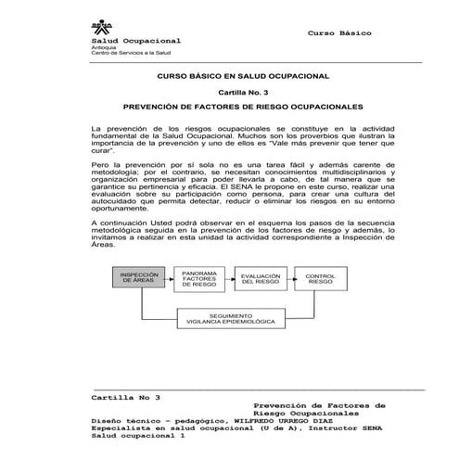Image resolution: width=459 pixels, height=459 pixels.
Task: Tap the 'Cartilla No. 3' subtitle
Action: pos(230,93)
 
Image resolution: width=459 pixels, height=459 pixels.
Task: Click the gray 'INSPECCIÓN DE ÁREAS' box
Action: pos(141,279)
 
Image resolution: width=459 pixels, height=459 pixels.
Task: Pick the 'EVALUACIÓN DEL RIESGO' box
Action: pos(261,278)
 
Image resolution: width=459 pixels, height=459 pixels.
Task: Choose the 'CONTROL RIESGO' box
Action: pos(321,278)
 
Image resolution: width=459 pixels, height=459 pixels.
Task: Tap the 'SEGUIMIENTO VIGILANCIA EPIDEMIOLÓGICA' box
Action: pos(230,318)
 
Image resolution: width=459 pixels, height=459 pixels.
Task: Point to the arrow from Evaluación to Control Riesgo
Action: pos(291,278)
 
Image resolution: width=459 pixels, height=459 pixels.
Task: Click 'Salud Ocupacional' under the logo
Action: pos(135,42)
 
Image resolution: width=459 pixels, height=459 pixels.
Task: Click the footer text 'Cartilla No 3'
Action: pos(125,396)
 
